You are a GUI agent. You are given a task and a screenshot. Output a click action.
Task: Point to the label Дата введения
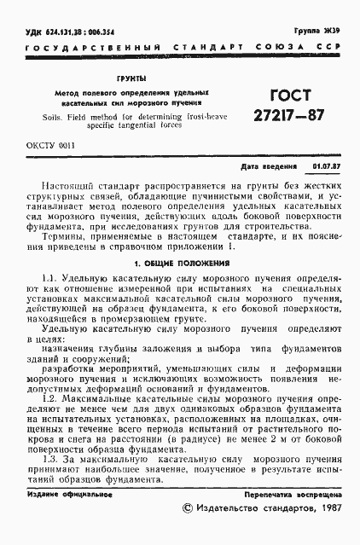pos(269,166)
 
